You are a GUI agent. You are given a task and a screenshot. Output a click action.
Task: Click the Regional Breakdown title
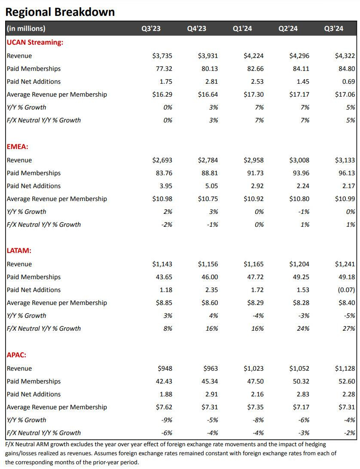click(x=60, y=12)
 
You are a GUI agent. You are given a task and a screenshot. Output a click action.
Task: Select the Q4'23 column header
click(x=196, y=29)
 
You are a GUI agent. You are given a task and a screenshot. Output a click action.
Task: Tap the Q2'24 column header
click(x=288, y=29)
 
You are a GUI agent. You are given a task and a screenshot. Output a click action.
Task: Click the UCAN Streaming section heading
click(x=35, y=42)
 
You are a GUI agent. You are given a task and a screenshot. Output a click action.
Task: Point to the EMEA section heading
click(x=18, y=146)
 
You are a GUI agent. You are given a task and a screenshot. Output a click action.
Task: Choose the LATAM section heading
click(x=19, y=250)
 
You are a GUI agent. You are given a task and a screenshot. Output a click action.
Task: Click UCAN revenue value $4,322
click(x=345, y=56)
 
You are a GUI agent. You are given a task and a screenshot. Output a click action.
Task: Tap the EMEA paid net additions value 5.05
click(x=211, y=186)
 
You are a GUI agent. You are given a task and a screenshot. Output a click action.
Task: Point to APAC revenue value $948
click(x=165, y=368)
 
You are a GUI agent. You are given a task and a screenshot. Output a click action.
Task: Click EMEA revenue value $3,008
click(x=299, y=160)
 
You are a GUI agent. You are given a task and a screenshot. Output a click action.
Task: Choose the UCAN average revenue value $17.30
click(x=253, y=94)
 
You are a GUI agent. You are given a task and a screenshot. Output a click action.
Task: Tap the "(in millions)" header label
click(x=26, y=29)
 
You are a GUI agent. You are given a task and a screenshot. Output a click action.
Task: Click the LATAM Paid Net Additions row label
click(x=34, y=290)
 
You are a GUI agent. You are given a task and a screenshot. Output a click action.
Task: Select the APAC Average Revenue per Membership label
click(x=57, y=407)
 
